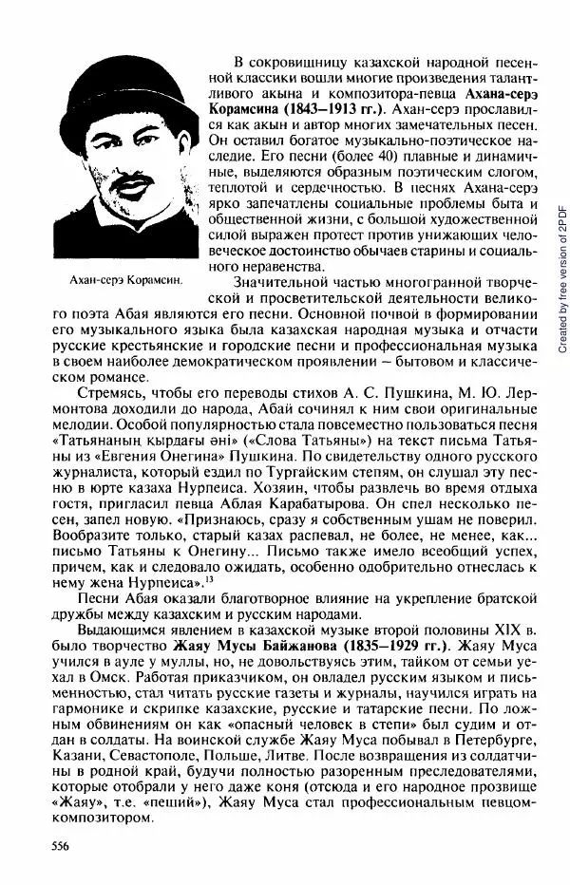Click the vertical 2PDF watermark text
point(560,266)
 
